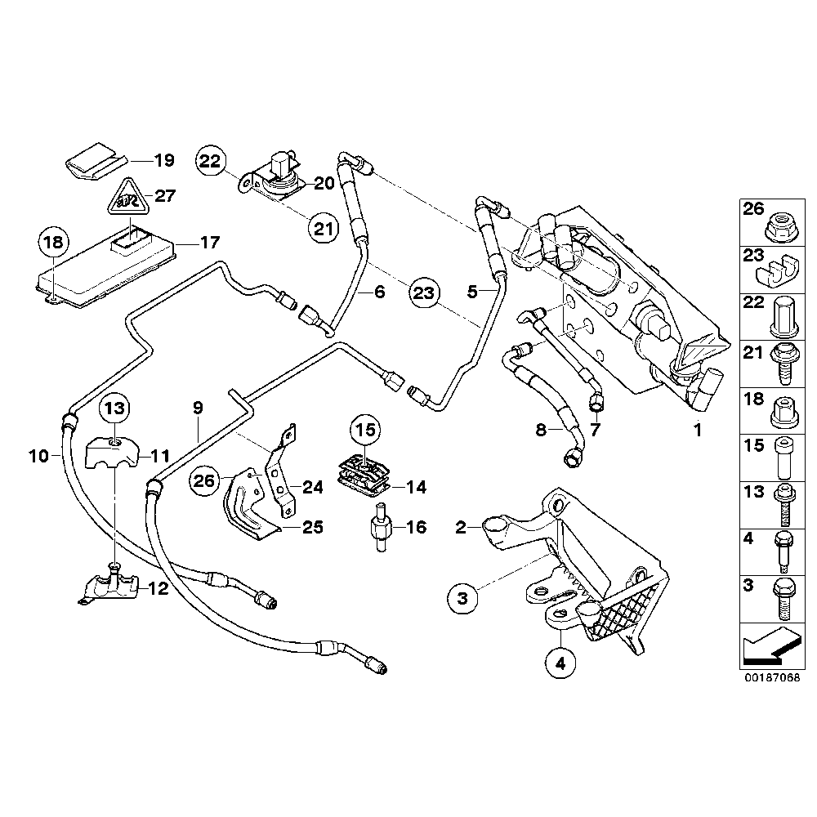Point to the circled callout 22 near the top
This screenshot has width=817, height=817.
(210, 162)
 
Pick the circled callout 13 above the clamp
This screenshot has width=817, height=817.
(115, 408)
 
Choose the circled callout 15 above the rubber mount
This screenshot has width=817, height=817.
(366, 427)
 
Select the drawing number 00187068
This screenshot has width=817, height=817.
(770, 678)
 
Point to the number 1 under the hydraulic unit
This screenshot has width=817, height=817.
(698, 427)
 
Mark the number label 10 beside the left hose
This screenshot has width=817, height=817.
(39, 456)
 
